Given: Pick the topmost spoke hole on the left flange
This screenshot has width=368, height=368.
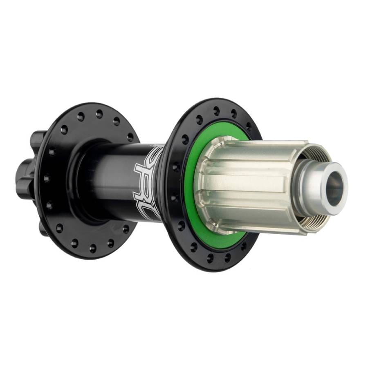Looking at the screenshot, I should [x=99, y=114].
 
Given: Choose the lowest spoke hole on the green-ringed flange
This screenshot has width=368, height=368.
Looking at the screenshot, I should [x=210, y=258].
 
